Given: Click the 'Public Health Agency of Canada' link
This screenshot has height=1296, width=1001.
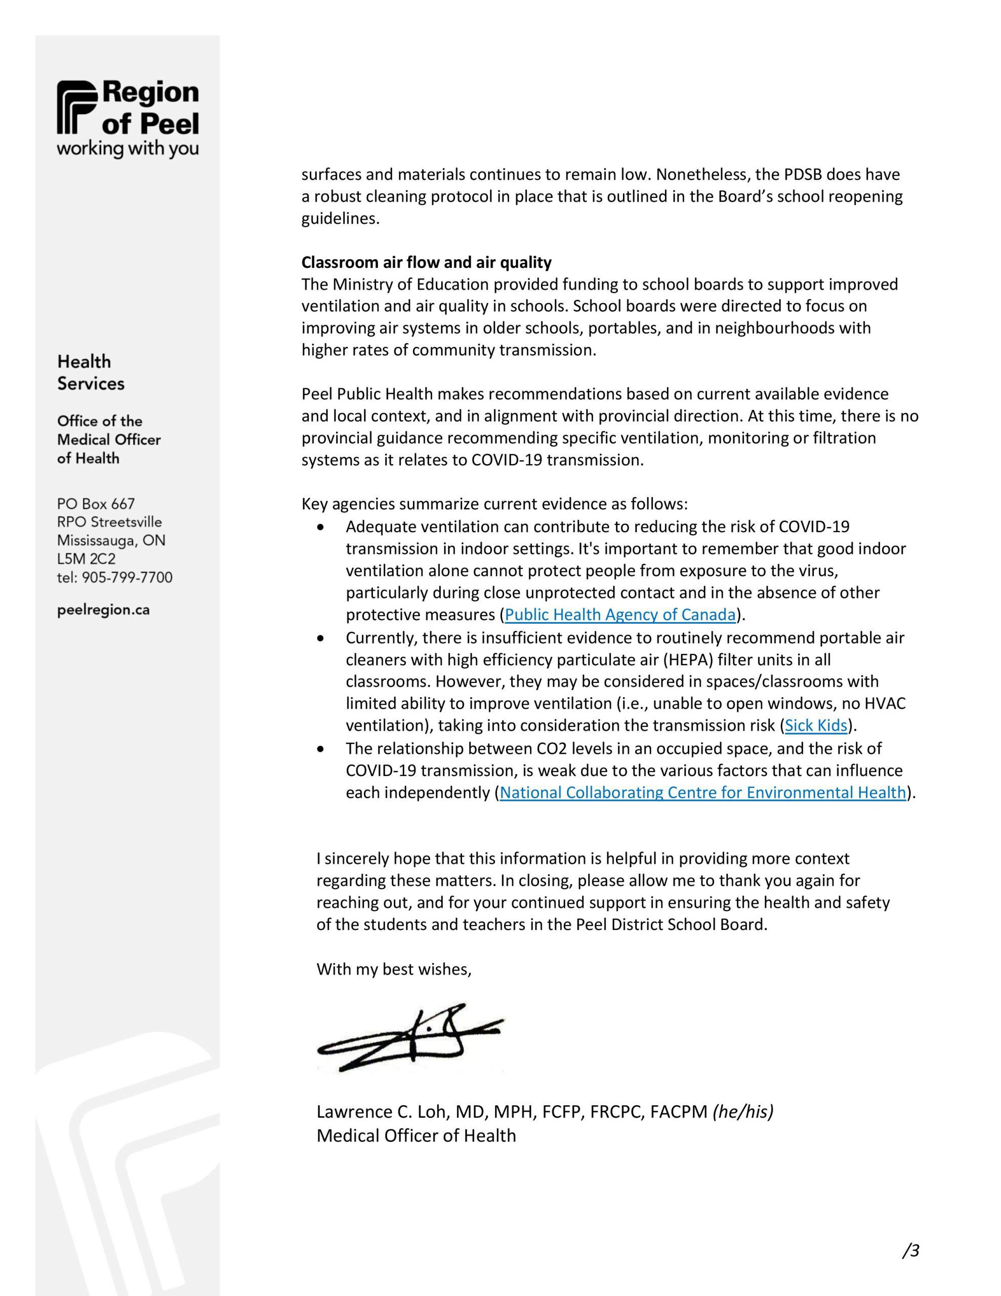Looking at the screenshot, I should (x=620, y=615).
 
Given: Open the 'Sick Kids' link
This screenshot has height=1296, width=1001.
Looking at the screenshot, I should (x=816, y=725).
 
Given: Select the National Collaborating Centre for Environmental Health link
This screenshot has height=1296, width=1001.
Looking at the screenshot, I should (x=702, y=793).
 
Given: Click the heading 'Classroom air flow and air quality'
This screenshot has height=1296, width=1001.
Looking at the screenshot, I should (x=426, y=262).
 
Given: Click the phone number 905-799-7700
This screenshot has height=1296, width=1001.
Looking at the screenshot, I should (x=127, y=578).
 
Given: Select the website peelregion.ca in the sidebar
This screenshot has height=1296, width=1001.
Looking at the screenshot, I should (x=103, y=610).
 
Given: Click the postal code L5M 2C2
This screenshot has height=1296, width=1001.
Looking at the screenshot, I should (x=86, y=559).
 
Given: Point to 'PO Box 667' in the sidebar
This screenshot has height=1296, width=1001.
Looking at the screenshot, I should (x=96, y=504).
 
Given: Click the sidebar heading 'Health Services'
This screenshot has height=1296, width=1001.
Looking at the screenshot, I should (x=90, y=373).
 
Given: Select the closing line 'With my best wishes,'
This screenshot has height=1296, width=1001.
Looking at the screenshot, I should (x=394, y=969).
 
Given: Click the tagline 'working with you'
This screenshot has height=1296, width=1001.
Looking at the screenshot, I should (x=128, y=149).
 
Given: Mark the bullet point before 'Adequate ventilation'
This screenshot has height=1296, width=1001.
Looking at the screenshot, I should (x=321, y=527).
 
